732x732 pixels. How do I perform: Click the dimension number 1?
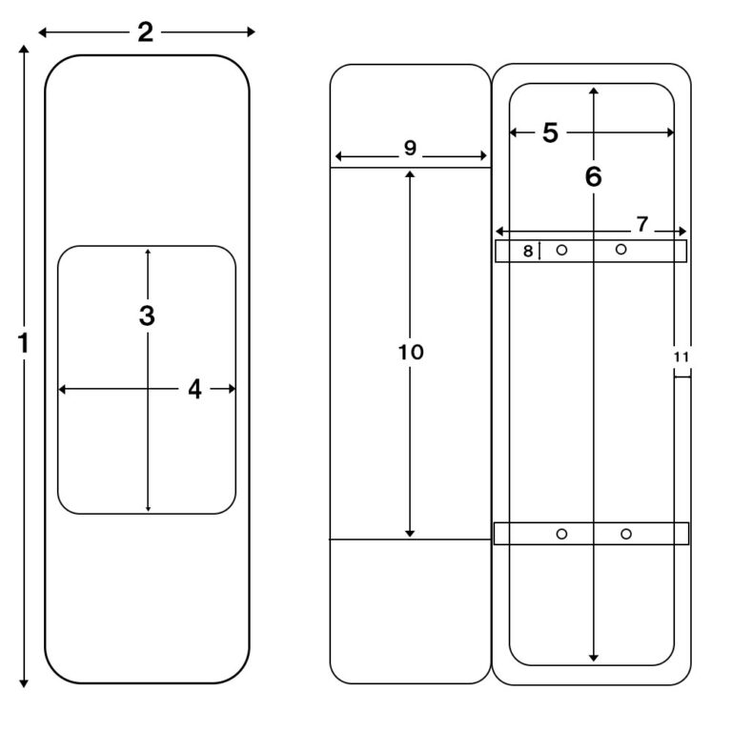[x=23, y=343]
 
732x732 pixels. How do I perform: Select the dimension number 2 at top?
[x=145, y=32]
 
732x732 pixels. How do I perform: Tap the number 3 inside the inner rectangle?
[x=147, y=315]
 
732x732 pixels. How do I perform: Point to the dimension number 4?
[x=194, y=389]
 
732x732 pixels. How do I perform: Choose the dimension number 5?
[x=550, y=132]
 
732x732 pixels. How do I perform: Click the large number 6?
[x=594, y=176]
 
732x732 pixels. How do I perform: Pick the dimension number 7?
[x=642, y=224]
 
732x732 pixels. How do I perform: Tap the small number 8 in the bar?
[x=528, y=252]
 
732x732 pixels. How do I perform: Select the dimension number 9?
[x=410, y=148]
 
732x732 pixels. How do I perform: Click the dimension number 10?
[x=411, y=352]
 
